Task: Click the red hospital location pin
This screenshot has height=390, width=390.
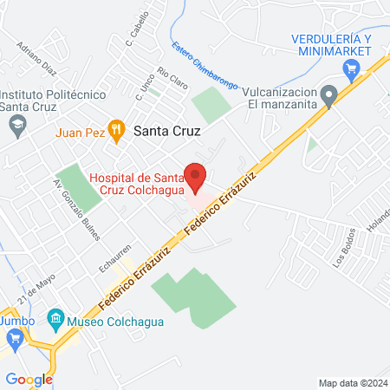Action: [x=196, y=177]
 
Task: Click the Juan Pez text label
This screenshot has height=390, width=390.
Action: [x=80, y=133]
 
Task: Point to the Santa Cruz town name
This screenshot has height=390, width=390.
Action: [x=167, y=132]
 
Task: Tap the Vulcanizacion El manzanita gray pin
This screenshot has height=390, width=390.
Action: [x=328, y=94]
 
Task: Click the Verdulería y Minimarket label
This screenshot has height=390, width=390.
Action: [x=331, y=45]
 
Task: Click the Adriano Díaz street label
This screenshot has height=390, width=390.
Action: [x=36, y=59]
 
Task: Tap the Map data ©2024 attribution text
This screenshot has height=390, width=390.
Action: [x=354, y=383]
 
